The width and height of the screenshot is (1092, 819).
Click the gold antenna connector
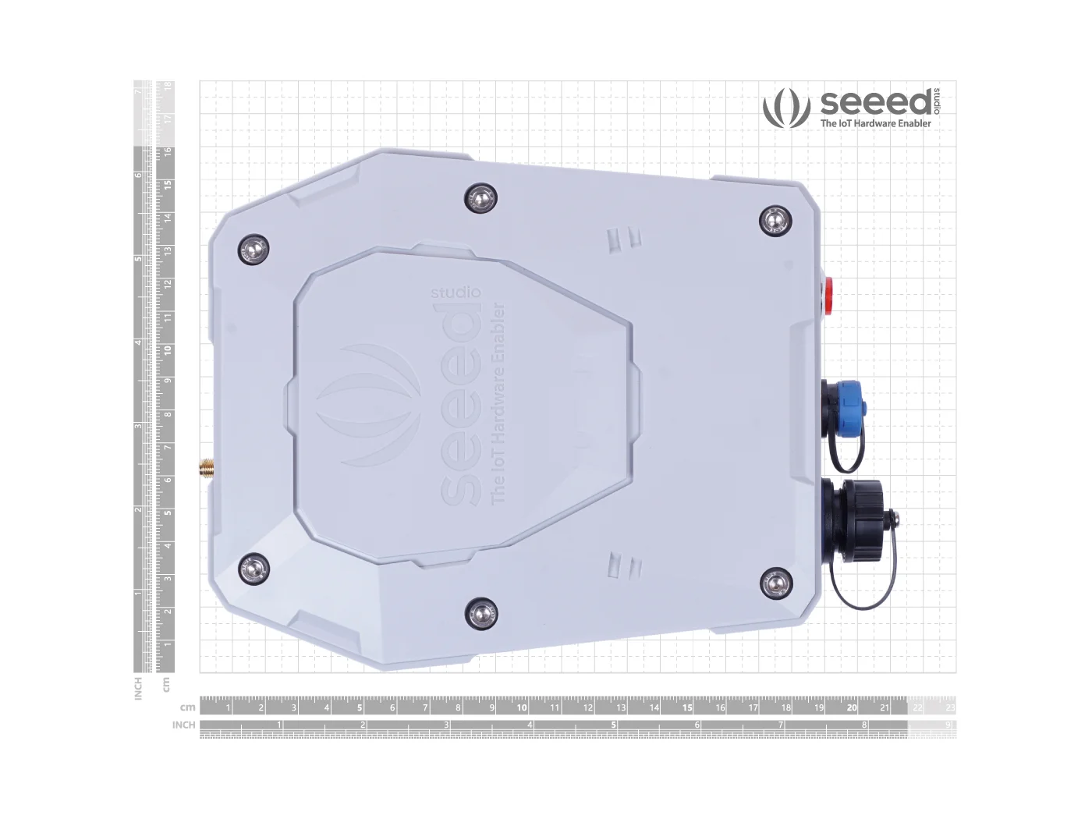pos(207,470)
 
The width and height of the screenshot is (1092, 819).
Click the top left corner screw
pos(253,250)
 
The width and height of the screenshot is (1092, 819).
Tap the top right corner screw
pos(775,221)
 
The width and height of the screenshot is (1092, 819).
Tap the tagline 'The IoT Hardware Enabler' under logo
pos(875,123)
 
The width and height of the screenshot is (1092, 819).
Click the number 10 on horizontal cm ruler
pos(522,708)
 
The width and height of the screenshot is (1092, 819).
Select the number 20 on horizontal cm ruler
pos(851,708)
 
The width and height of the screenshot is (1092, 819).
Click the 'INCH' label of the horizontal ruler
pos(183,725)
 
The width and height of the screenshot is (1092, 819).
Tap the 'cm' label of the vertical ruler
pos(166,684)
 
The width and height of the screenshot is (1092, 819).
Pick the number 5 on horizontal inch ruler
pos(613,725)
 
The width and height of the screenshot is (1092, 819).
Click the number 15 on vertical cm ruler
pos(166,185)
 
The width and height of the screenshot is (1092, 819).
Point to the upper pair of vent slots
pos(624,237)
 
